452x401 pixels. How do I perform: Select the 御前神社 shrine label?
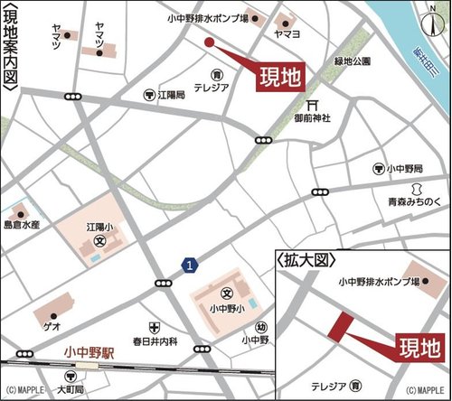[314, 117]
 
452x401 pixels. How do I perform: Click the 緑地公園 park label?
[353, 62]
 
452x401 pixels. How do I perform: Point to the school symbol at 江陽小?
[100, 241]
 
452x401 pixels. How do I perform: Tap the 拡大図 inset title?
[307, 259]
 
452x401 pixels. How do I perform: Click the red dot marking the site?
[208, 42]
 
